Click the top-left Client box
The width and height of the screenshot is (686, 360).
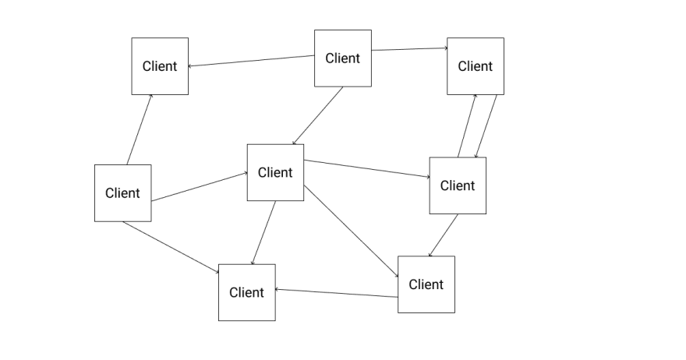point(160,66)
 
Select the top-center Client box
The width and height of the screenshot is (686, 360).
point(343,58)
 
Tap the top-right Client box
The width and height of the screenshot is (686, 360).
point(476,66)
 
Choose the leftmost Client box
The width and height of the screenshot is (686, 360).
point(123,193)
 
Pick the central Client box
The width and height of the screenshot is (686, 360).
point(276,172)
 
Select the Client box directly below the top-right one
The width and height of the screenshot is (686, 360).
point(458,185)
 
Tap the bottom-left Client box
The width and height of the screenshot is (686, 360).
point(247,292)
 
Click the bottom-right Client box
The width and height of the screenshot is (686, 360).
point(426,284)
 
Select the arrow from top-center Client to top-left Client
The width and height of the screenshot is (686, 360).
point(252,61)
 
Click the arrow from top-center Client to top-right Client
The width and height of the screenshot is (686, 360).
point(409,49)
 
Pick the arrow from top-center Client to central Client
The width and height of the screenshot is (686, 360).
point(318,115)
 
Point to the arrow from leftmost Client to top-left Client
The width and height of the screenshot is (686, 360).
point(140,129)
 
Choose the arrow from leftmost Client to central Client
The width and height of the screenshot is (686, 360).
point(200,187)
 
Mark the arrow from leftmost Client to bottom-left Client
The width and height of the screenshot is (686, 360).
point(171,247)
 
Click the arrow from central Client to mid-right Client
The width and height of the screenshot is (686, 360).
point(366,169)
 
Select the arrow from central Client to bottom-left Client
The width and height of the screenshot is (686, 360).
point(263,233)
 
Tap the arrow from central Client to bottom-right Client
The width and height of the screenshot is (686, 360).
point(352,231)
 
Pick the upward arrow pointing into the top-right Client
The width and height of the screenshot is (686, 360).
point(467,125)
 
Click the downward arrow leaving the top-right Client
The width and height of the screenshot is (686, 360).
point(486,126)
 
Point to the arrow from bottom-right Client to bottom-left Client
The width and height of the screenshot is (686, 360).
point(337,293)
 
